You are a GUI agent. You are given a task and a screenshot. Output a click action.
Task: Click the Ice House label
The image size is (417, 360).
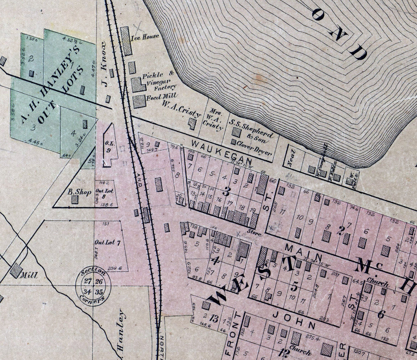tap(145, 36)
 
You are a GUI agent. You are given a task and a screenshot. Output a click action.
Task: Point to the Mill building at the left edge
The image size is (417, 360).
tap(16, 270)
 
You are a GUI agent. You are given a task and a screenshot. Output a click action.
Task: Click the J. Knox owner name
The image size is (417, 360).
tap(105, 64)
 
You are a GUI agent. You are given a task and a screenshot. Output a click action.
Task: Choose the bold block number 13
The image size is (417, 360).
tap(214, 319)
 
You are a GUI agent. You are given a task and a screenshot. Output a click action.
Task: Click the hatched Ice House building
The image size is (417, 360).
tap(127, 41)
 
